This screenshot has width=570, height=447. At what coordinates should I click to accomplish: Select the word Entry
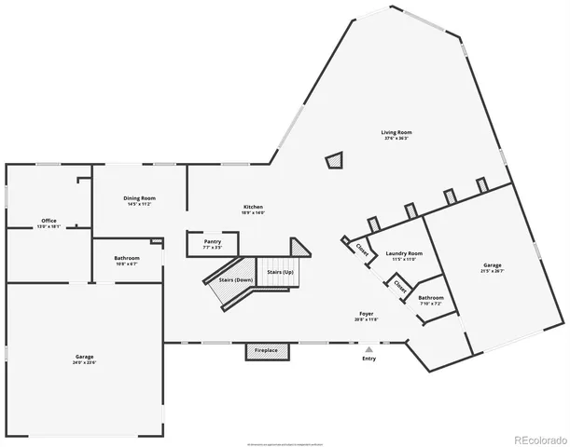click(x=369, y=359)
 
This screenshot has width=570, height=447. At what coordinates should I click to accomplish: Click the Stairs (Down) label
click(x=236, y=280)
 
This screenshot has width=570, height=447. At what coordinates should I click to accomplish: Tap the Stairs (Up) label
click(x=281, y=272)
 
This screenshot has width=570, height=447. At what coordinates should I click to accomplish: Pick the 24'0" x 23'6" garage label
click(x=85, y=359)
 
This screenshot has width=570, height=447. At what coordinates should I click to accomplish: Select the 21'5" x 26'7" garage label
click(x=493, y=267)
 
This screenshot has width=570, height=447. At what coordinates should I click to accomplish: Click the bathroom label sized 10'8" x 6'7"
click(x=127, y=261)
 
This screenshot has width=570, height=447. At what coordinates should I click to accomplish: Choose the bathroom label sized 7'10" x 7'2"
click(x=431, y=300)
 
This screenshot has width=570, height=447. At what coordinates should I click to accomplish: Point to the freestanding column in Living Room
click(x=335, y=161)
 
